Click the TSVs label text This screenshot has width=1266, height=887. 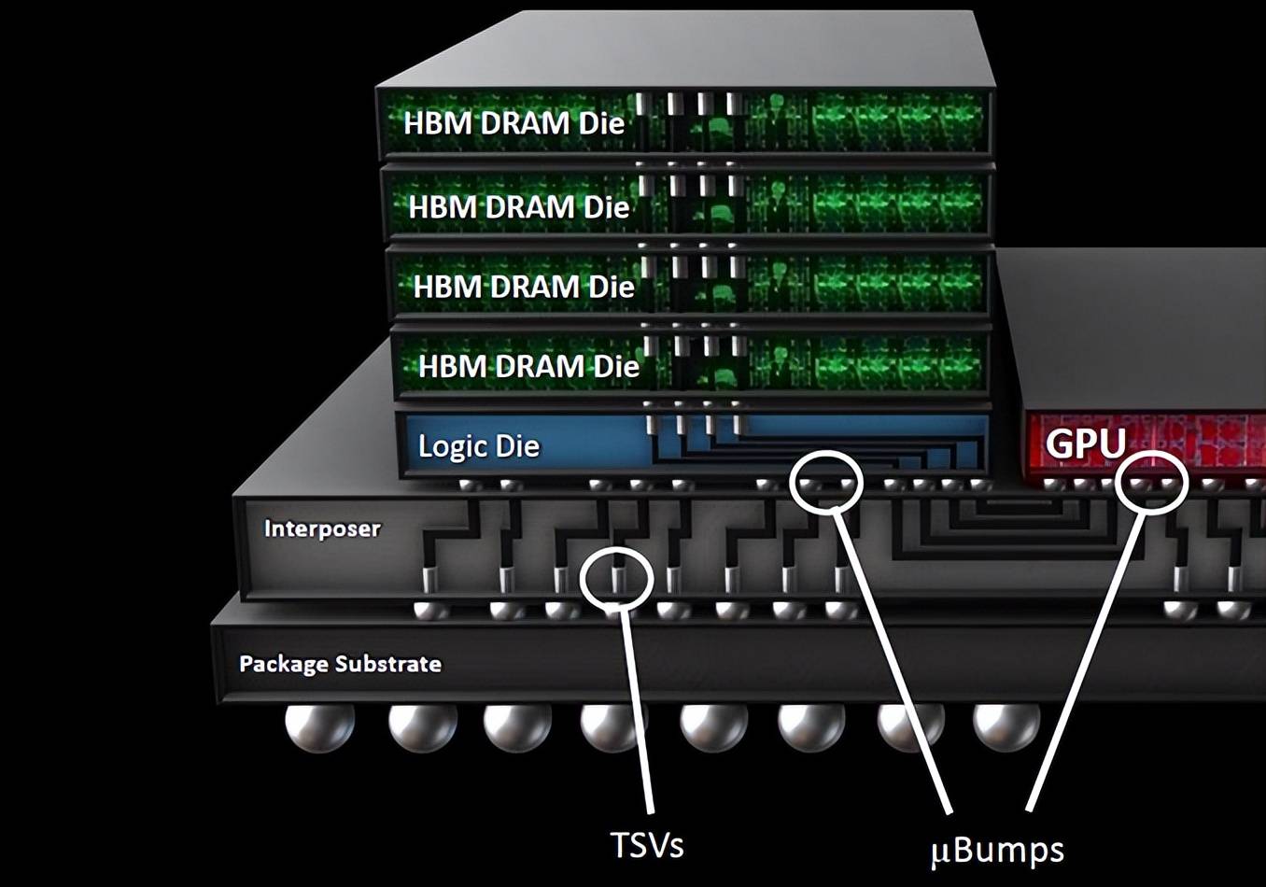click(647, 845)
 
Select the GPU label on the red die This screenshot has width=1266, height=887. click(1086, 443)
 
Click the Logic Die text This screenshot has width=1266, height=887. click(479, 445)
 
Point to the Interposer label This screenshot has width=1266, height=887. click(322, 528)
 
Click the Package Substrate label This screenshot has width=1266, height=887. click(340, 664)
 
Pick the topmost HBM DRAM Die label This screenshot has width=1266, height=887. click(513, 122)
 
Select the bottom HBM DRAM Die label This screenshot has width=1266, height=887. click(528, 366)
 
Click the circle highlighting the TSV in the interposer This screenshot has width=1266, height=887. click(616, 579)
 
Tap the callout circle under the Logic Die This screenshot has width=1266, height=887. click(826, 481)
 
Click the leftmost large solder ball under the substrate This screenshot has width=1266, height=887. click(319, 728)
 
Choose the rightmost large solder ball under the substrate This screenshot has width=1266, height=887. click(1006, 727)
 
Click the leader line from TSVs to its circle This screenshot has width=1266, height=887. click(638, 711)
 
